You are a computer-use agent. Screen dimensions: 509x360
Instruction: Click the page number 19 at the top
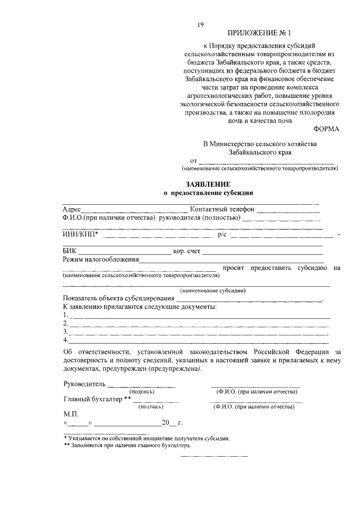click(x=200, y=24)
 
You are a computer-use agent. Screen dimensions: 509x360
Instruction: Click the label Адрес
click(x=72, y=209)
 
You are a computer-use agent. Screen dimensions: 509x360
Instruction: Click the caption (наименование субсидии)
click(x=212, y=290)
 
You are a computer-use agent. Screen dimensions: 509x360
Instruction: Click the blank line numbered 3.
click(x=197, y=332)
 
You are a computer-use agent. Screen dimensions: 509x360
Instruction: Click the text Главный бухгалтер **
click(x=97, y=399)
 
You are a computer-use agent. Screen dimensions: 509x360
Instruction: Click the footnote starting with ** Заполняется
click(x=127, y=445)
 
